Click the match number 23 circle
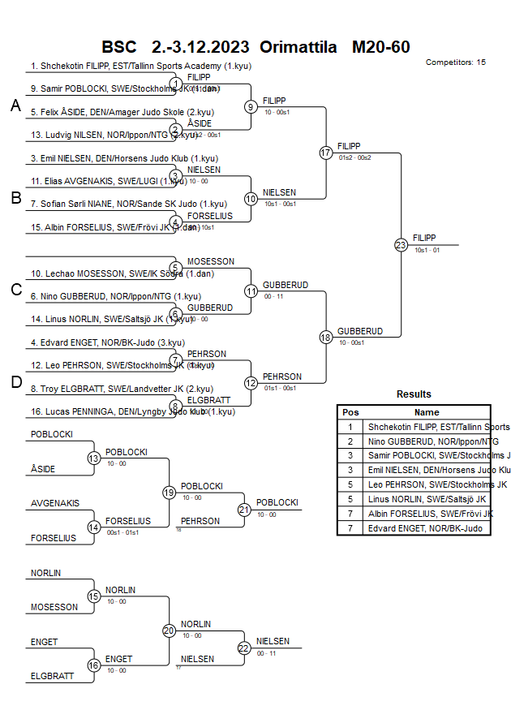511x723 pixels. pyautogui.click(x=401, y=244)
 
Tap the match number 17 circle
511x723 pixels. pyautogui.click(x=326, y=153)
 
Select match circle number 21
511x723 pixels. pyautogui.click(x=244, y=510)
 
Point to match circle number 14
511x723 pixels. pyautogui.click(x=93, y=527)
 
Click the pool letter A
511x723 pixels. pyautogui.click(x=15, y=105)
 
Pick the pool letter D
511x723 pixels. pyautogui.click(x=15, y=382)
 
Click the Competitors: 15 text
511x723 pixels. pyautogui.click(x=455, y=62)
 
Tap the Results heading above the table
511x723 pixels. pyautogui.click(x=414, y=394)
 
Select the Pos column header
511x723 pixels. pyautogui.click(x=350, y=412)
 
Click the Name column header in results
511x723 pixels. pyautogui.click(x=427, y=412)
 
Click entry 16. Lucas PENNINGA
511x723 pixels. pyautogui.click(x=133, y=411)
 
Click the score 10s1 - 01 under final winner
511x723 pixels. pyautogui.click(x=427, y=250)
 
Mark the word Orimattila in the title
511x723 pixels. pyautogui.click(x=298, y=46)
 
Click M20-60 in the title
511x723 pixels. pyautogui.click(x=380, y=46)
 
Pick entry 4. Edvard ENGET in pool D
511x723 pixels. pyautogui.click(x=107, y=343)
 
